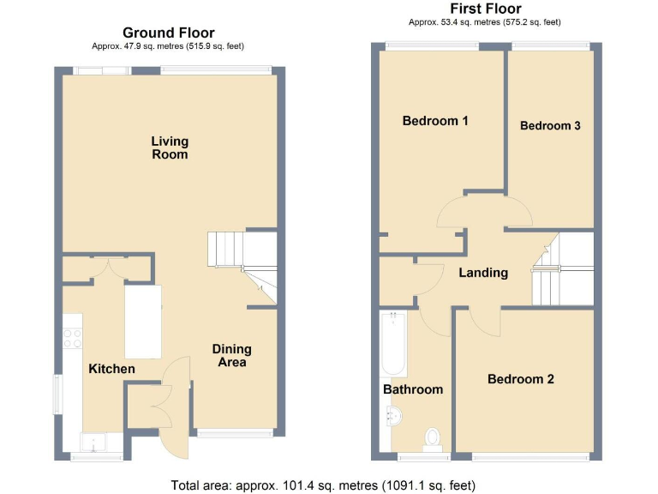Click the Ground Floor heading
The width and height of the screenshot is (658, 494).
coord(169,33)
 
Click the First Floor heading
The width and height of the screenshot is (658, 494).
coord(485,9)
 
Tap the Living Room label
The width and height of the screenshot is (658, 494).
coord(170,148)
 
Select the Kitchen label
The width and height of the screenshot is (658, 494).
coord(111,369)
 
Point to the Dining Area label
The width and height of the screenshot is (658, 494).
coord(231,355)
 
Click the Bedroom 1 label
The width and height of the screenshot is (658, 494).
coord(435,121)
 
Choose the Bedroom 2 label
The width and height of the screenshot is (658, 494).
coord(521,379)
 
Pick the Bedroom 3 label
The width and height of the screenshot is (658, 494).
coord(550,125)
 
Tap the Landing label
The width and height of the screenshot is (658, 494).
coord(483,273)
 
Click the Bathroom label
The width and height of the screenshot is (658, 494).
coord(413,389)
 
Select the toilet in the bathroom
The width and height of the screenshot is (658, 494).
coord(433,439)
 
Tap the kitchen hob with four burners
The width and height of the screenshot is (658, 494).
coord(72,338)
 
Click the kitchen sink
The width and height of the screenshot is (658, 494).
coord(92,443)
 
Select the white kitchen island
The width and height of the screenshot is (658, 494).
coord(143,322)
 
